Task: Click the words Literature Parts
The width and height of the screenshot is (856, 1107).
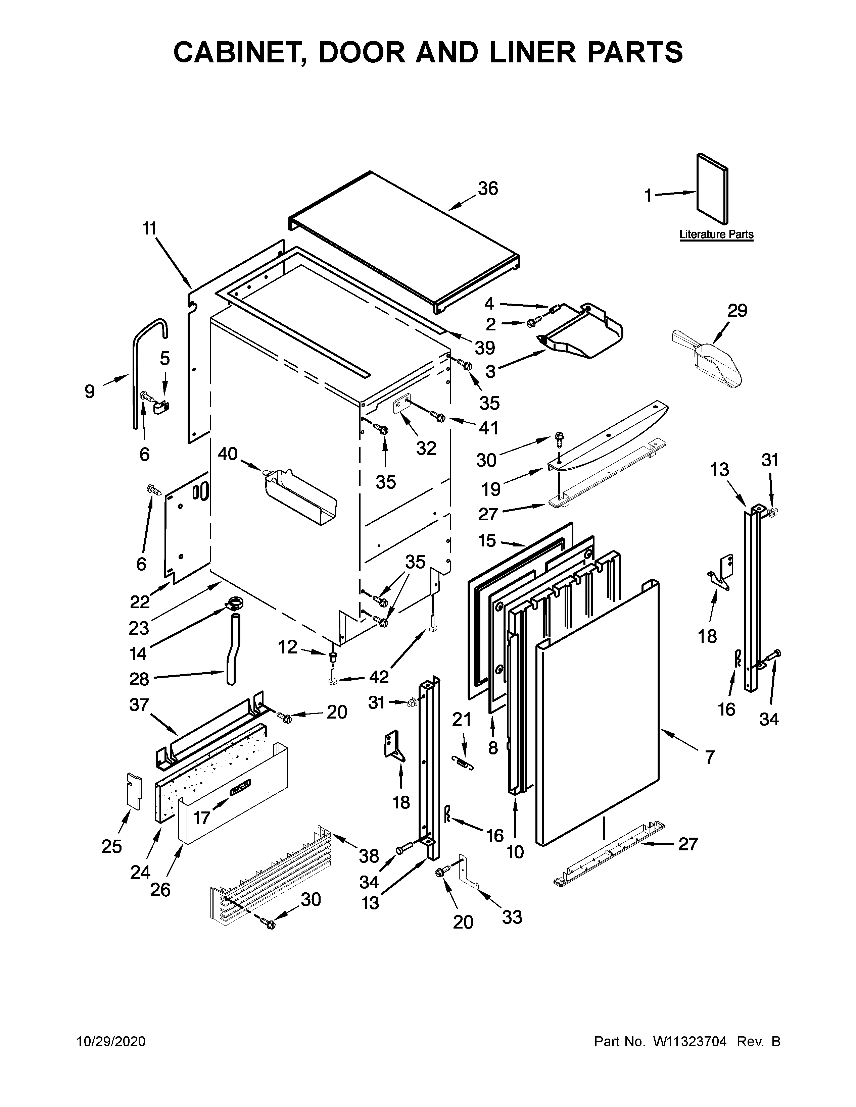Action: [716, 235]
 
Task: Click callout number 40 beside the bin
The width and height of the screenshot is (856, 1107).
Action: [228, 454]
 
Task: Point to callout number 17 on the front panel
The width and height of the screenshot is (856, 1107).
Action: [201, 818]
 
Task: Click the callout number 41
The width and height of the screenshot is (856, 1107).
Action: [488, 428]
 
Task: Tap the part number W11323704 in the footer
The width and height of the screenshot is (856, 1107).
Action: [690, 1042]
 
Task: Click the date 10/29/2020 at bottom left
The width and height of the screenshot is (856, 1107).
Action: [111, 1042]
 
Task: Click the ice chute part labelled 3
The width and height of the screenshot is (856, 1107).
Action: [583, 334]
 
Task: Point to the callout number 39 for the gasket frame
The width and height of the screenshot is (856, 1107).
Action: [485, 348]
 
